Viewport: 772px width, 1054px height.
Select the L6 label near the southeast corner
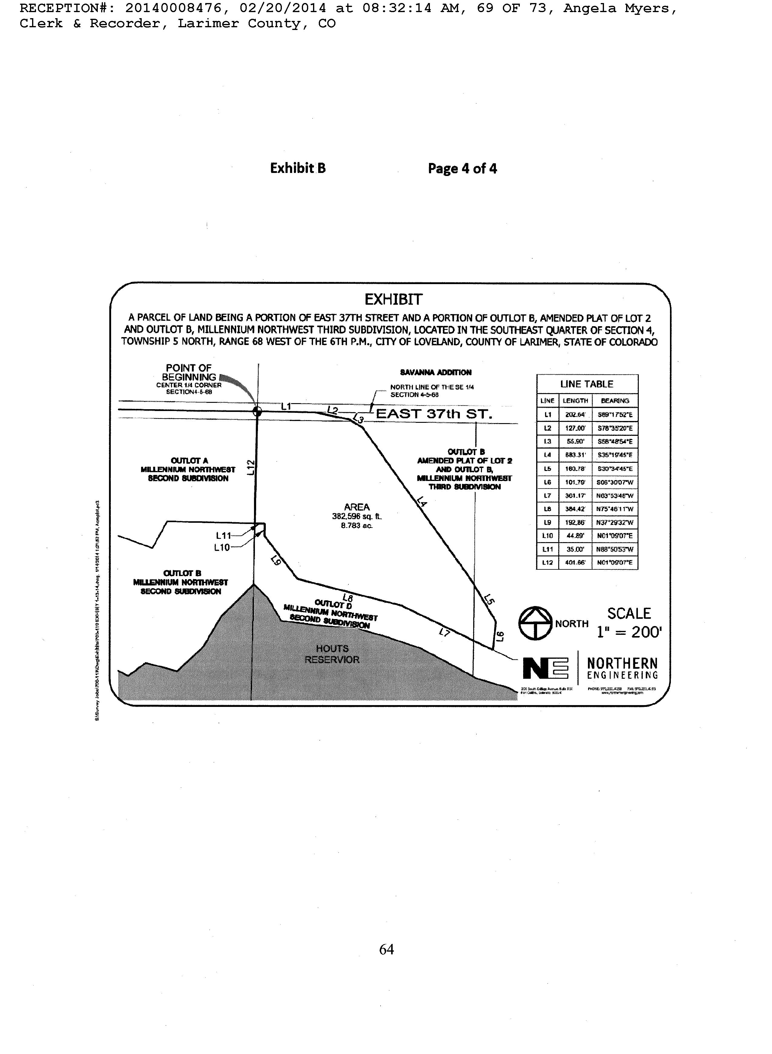click(499, 636)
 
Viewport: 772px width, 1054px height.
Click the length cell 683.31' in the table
click(575, 455)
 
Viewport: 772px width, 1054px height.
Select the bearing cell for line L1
click(615, 415)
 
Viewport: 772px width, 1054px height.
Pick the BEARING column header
click(615, 401)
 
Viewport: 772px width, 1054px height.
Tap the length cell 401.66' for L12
click(575, 563)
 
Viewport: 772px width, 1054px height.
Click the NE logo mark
click(545, 668)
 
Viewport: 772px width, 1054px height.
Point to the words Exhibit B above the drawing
click(298, 168)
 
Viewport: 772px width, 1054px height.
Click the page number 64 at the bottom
click(387, 949)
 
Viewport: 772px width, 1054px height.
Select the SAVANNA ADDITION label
click(436, 373)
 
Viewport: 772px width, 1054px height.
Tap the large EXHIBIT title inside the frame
click(394, 300)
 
